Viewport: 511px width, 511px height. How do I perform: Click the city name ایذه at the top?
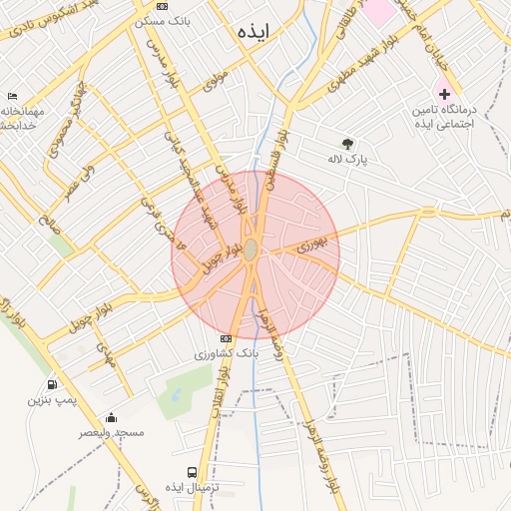(255, 32)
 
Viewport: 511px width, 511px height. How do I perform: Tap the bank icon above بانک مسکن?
(163, 6)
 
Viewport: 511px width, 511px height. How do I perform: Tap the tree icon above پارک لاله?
(347, 144)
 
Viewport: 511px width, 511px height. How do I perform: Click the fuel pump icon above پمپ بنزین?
(51, 385)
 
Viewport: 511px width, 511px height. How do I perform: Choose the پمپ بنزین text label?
(50, 400)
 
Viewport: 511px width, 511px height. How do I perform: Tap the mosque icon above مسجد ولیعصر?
(111, 418)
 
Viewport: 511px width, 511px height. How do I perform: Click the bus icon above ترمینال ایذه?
(191, 472)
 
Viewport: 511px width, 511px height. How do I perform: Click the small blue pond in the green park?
(176, 394)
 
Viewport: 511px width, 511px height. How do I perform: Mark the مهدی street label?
(106, 355)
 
